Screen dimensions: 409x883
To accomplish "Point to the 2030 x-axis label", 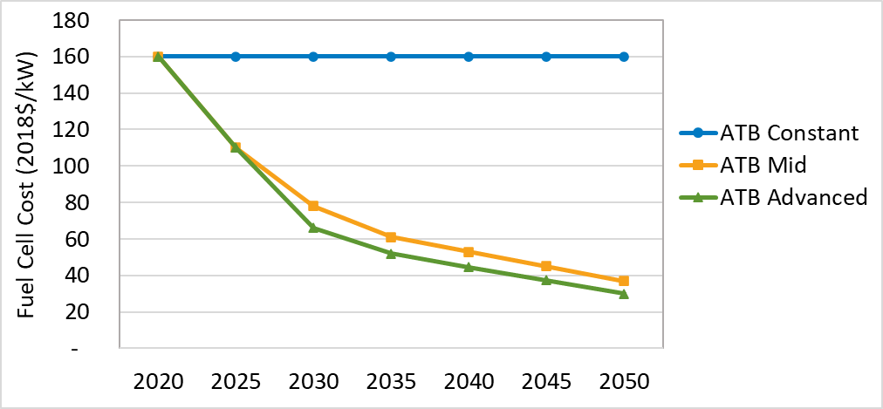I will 313,382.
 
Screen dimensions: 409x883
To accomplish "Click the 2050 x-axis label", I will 624,382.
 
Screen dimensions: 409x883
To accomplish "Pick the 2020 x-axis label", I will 158,382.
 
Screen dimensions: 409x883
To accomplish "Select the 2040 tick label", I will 469,382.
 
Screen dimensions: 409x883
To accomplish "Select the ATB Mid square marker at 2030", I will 313,206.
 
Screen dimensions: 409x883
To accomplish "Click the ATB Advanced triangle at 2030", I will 313,228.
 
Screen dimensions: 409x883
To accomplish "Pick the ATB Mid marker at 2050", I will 624,281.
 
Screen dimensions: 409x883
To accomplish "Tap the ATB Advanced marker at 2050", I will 624,294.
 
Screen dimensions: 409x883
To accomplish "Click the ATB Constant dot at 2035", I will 391,57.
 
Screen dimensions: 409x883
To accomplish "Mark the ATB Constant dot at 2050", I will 624,57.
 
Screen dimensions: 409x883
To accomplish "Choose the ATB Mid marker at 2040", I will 469,252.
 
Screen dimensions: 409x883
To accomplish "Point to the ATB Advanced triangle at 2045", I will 546,280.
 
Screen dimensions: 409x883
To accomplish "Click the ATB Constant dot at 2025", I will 236,57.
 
